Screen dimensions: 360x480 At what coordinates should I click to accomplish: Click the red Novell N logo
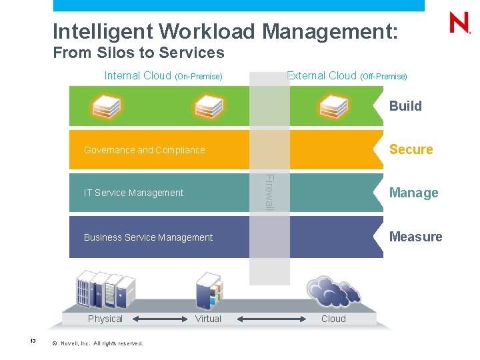point(460,23)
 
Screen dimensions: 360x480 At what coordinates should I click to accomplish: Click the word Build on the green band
point(405,106)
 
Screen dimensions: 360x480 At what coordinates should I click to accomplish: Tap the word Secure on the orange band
point(411,149)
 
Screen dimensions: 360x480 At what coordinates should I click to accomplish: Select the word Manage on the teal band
point(413,193)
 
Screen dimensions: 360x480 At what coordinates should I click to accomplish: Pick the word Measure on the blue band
point(415,237)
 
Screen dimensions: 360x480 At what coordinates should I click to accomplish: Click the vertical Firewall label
point(269,191)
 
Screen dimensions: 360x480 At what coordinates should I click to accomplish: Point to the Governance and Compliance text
point(144,150)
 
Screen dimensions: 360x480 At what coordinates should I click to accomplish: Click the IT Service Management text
point(133,193)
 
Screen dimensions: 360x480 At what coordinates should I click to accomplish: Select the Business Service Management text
point(148,237)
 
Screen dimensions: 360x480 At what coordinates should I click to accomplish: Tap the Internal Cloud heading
point(163,76)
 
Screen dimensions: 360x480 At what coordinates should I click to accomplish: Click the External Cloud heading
point(347,76)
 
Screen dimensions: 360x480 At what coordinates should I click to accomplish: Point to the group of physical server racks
point(105,291)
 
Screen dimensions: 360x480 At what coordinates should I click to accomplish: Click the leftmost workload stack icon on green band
point(106,105)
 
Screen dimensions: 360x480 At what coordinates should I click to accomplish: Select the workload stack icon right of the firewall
point(333,105)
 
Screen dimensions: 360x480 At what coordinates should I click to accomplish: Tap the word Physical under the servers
point(105,319)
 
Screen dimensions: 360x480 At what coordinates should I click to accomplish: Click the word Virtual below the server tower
point(208,319)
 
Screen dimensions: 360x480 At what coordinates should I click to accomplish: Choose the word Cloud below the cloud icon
point(333,319)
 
